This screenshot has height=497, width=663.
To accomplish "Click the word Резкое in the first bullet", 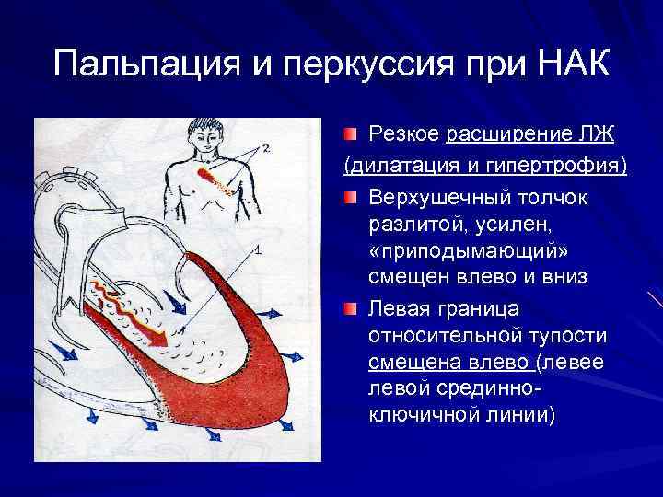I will pos(403,135).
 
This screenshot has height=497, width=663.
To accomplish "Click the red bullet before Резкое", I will pos(353,135).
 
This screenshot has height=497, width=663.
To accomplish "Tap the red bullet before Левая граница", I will pos(353,305).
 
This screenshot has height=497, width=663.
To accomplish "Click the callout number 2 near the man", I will pos(265,147).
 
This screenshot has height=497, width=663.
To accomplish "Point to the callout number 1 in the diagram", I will pos(259,249).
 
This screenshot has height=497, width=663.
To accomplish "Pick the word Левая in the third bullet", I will pos(401,305).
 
